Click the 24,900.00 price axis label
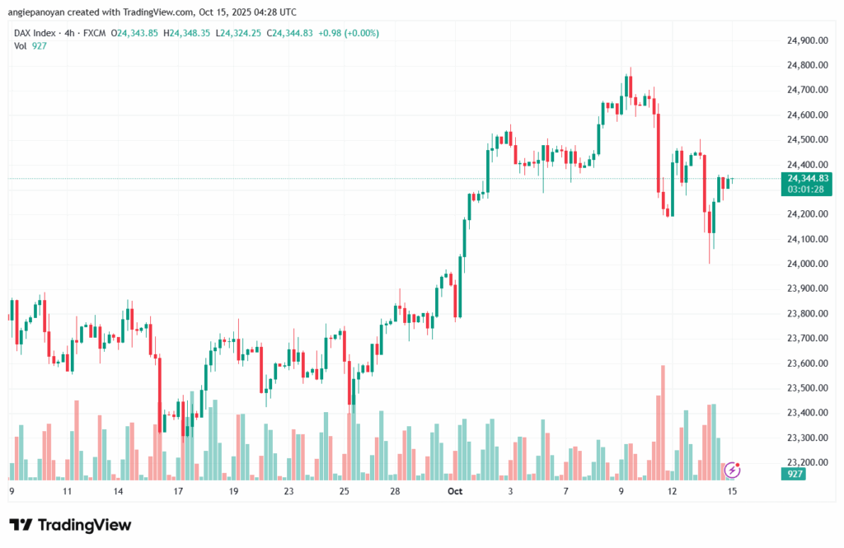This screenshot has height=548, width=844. tap(808, 40)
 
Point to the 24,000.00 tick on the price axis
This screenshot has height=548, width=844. tap(808, 264)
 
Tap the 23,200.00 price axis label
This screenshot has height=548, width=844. tap(808, 462)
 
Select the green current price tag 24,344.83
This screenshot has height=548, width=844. tap(808, 178)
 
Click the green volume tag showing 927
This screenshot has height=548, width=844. tap(795, 475)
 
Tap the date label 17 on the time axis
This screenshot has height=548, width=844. tap(177, 491)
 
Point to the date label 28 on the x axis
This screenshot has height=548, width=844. tap(396, 491)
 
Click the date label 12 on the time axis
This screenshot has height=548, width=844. tap(673, 491)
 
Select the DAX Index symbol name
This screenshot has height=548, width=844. tap(35, 33)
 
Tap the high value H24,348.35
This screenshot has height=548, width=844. tap(189, 33)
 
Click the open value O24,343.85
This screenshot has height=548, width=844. tap(138, 33)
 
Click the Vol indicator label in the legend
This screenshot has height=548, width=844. tap(21, 45)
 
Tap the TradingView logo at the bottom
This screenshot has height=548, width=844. tap(70, 525)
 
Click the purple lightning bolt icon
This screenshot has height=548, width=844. tap(732, 470)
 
